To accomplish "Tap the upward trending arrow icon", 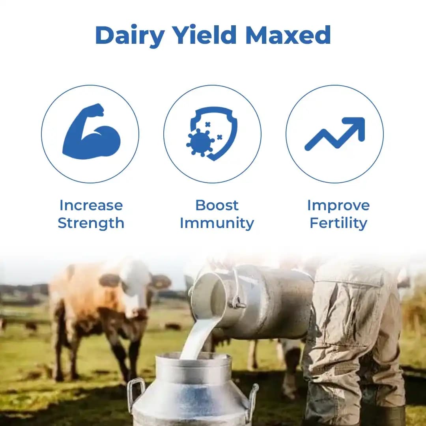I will click(334, 134).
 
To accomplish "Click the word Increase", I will click(91, 205).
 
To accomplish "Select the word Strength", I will click(91, 223).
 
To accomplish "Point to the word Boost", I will click(217, 205).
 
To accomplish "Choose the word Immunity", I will click(217, 223).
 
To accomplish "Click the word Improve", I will click(338, 205).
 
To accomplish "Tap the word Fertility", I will click(338, 223).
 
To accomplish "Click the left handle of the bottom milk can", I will click(135, 392).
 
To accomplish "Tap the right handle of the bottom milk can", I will click(252, 398).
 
